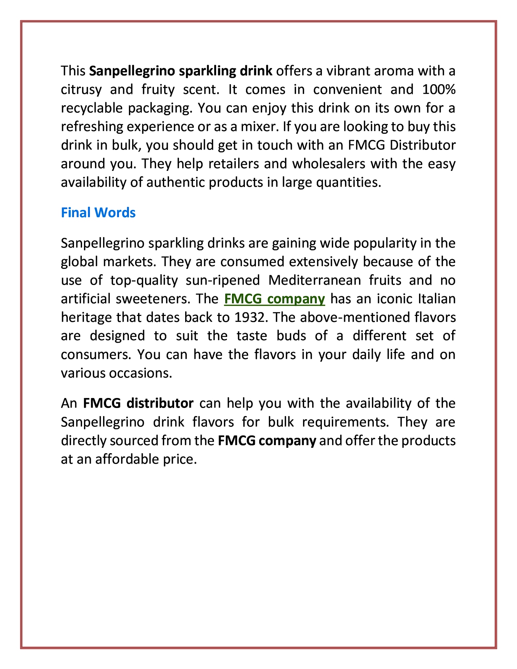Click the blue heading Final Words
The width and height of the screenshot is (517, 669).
[x=98, y=213]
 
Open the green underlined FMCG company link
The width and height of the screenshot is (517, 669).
[x=274, y=299]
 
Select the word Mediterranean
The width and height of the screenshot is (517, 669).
[x=314, y=280]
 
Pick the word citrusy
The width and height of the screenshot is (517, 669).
[x=81, y=89]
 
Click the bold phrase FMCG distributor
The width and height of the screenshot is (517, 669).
[x=138, y=403]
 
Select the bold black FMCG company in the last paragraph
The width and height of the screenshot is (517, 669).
[x=267, y=441]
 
